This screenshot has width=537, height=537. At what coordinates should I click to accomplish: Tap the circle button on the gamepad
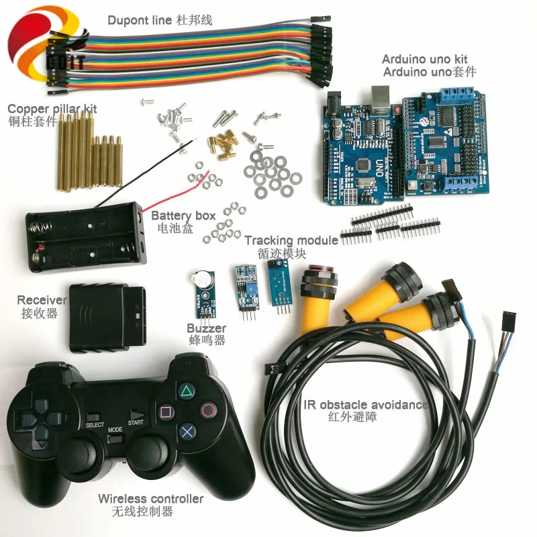[209, 409]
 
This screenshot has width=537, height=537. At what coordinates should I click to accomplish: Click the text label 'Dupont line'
[139, 20]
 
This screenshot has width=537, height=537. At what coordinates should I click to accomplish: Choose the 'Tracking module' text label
[291, 240]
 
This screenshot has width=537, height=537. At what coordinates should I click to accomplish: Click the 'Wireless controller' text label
[150, 499]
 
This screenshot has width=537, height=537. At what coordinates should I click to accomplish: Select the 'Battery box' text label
[183, 215]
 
